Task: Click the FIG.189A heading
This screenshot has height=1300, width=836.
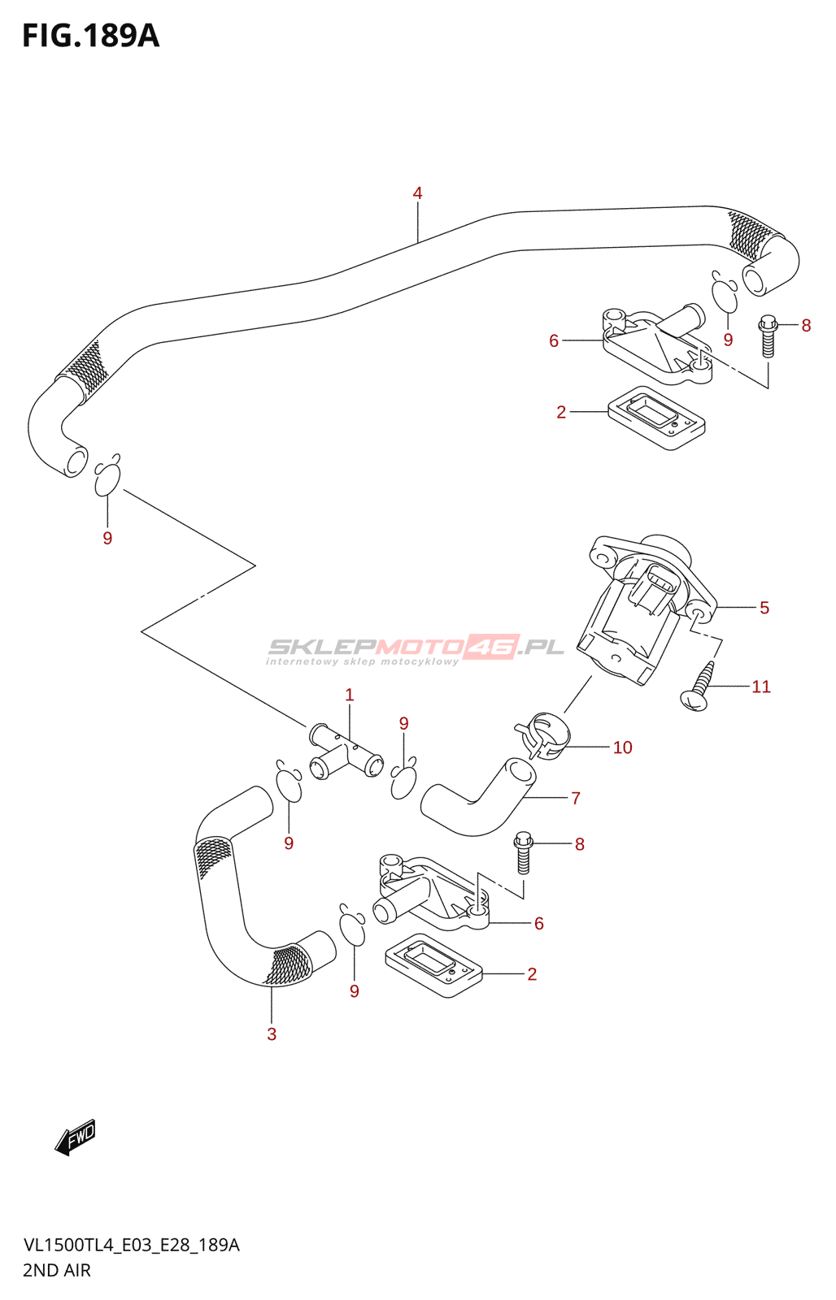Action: pos(90,37)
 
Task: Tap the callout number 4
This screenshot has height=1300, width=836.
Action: pos(417,193)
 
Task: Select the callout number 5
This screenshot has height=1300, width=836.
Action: pos(764,608)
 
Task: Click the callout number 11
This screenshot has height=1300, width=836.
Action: pos(761,687)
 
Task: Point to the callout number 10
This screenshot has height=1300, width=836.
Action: pos(622,747)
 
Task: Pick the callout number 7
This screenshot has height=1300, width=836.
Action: pos(576,798)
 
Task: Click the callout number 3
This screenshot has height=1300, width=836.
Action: pos(272,1034)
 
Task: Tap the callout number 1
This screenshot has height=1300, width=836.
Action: pos(350,695)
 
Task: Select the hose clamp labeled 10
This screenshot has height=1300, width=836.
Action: pos(543,734)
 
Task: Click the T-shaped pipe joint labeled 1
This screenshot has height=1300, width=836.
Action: pos(346,752)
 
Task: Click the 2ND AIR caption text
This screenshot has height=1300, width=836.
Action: pos(57,1270)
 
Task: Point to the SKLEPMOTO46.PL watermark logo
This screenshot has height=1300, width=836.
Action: pos(415,648)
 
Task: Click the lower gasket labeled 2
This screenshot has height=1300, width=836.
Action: pos(433,966)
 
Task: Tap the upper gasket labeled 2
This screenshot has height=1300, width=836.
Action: pos(655,418)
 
